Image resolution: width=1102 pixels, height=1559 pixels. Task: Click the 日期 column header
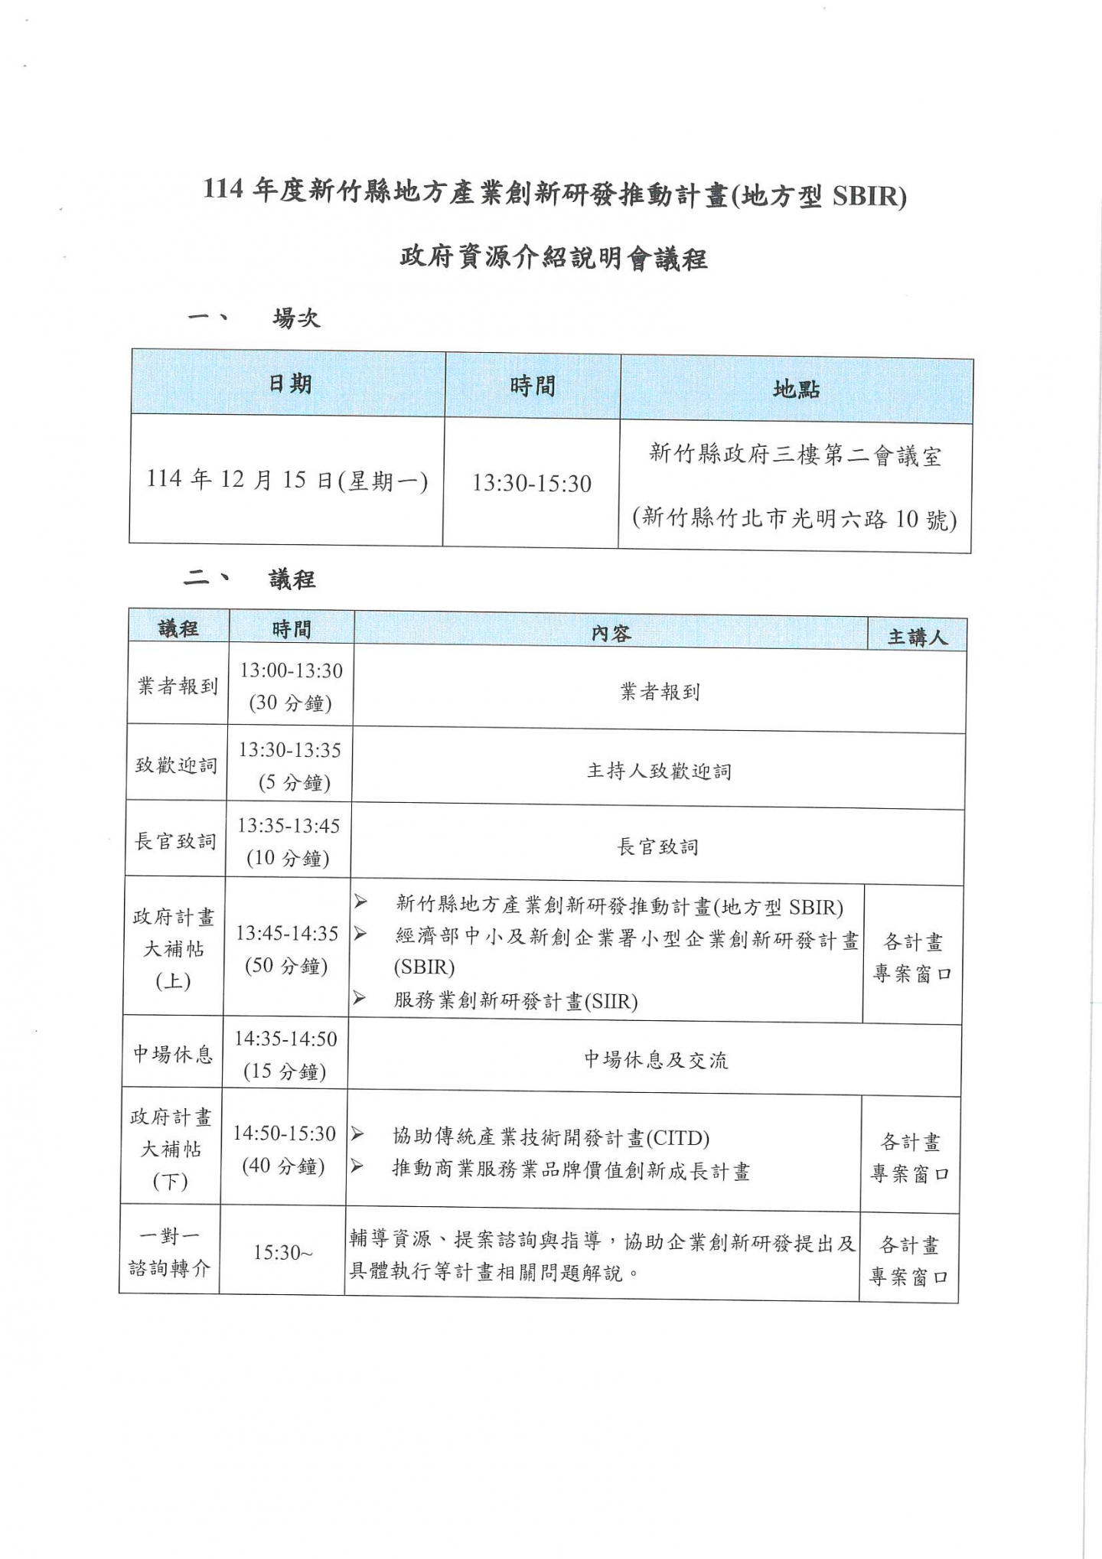coord(289,383)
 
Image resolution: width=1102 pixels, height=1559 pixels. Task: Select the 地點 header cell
coord(796,390)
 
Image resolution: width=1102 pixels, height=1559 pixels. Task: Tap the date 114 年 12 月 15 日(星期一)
coord(287,481)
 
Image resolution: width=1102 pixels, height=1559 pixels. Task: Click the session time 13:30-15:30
coord(532,484)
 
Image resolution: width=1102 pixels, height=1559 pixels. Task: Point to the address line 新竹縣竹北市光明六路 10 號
coord(794,519)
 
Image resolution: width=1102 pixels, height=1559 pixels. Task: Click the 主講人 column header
coord(917,637)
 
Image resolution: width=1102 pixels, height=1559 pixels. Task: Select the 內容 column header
coord(611,634)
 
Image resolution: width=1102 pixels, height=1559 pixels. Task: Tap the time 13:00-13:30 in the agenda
coord(291,670)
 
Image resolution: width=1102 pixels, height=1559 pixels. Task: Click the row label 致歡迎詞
coord(176,765)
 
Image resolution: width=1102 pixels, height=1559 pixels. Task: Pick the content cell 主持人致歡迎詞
coord(659,771)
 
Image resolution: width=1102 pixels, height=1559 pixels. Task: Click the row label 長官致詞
coord(175,841)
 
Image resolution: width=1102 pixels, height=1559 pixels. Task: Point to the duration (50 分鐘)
coord(285,966)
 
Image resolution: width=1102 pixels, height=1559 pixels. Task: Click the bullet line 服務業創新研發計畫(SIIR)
coord(515,1001)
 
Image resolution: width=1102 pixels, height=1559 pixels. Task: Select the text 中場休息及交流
coord(656,1060)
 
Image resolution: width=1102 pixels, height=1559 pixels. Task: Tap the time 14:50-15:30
coord(285,1133)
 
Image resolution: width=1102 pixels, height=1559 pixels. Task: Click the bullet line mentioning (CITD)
coord(551,1137)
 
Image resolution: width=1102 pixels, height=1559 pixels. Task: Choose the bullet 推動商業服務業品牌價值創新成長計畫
coord(571,1171)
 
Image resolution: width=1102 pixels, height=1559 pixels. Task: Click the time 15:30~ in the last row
coord(282,1252)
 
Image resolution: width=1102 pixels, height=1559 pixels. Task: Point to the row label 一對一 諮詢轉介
coord(169,1252)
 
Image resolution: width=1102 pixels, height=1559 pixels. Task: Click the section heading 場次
coord(296,318)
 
